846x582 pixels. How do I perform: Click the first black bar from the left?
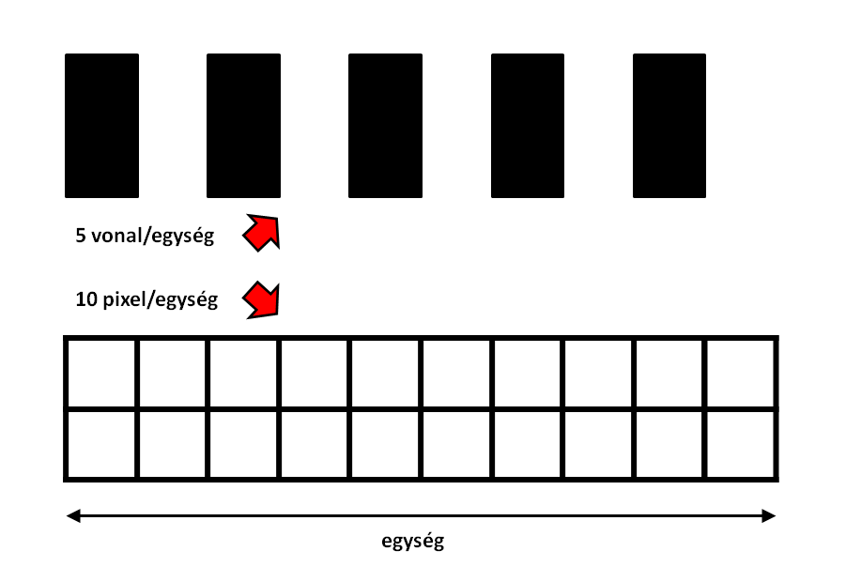click(x=102, y=126)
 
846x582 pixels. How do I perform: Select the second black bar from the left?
click(x=244, y=126)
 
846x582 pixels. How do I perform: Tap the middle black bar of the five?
click(x=385, y=126)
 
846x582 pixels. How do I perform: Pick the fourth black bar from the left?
click(x=528, y=126)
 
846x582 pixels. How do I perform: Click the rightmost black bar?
click(x=669, y=126)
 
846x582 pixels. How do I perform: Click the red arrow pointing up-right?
click(x=263, y=232)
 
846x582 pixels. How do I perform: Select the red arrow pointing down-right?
click(x=262, y=299)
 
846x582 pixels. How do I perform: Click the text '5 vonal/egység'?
click(x=145, y=236)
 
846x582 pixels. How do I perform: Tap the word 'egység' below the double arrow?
click(x=413, y=541)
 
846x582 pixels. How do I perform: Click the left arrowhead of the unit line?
click(x=73, y=516)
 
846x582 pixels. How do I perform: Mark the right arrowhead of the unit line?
click(x=769, y=516)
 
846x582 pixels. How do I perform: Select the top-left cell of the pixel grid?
click(x=101, y=374)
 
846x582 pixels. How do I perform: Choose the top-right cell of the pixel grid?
click(x=740, y=374)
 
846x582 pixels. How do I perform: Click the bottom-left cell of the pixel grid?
click(x=101, y=444)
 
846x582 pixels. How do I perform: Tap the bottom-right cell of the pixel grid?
click(x=740, y=444)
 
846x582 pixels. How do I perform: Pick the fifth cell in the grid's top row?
click(x=385, y=374)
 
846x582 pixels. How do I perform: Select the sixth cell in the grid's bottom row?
click(x=456, y=444)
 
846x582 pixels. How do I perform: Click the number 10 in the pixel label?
click(x=86, y=299)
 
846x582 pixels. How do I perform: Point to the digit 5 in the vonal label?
click(x=81, y=236)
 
